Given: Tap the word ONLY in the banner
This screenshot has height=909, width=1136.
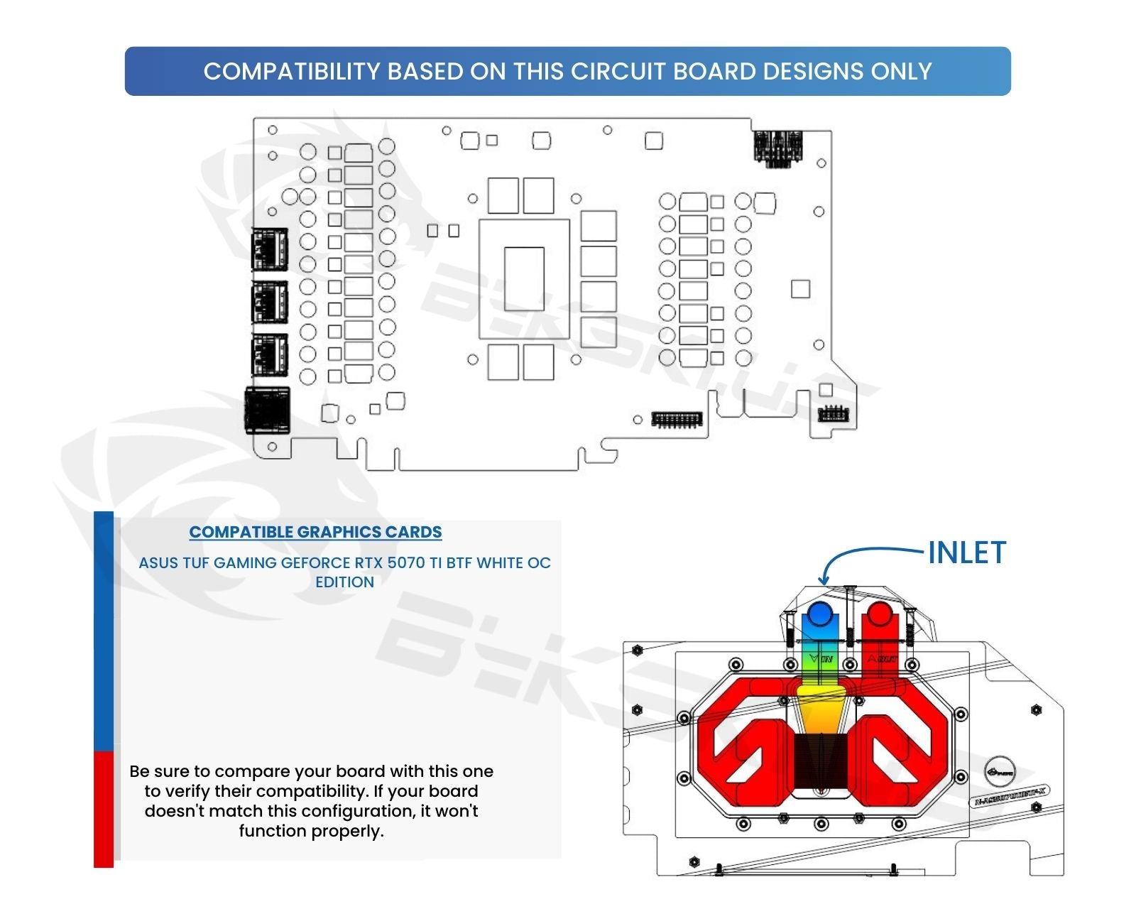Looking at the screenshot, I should pos(900,72).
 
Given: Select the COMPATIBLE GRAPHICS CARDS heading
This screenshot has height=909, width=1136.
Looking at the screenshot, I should pos(315,532).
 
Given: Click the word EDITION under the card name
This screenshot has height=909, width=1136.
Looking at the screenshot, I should pos(344,582).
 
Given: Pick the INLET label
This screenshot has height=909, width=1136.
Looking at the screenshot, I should pos(967,553).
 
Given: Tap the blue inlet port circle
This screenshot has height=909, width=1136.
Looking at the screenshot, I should pos(820,614).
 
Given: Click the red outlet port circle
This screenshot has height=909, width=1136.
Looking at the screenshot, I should pos(880,614).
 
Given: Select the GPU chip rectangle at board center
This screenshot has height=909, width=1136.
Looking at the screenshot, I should pos(524,278).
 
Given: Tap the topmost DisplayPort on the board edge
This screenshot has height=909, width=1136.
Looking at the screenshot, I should pos(270,249).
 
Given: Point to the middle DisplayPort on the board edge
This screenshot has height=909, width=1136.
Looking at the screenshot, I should pos(270,302).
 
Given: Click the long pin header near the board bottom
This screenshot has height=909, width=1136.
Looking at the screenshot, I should pos(677,419).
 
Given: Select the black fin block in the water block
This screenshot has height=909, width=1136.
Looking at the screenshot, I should pos(821,761).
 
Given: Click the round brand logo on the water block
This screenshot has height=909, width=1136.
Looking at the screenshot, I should pos(1000,771).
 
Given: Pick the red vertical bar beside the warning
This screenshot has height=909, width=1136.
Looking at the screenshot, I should pos(104,809).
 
